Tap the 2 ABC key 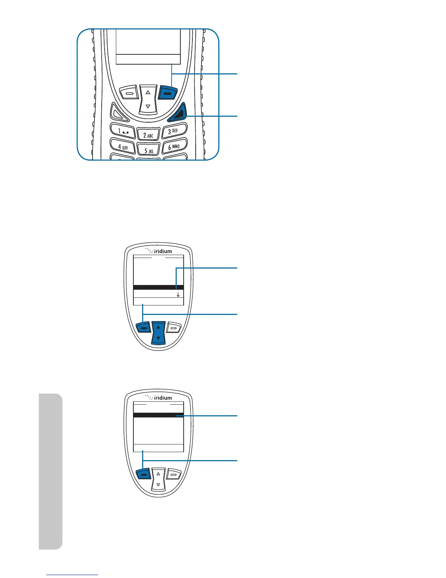[148, 135]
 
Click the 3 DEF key [174, 131]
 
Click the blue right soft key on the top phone [168, 93]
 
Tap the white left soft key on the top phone [128, 93]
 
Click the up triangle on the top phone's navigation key [148, 93]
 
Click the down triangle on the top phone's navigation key [148, 107]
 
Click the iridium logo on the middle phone [159, 251]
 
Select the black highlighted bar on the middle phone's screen [159, 288]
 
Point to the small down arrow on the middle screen [178, 294]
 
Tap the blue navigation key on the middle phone [158, 333]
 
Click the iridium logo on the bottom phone [159, 398]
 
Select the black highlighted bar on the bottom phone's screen [159, 415]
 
